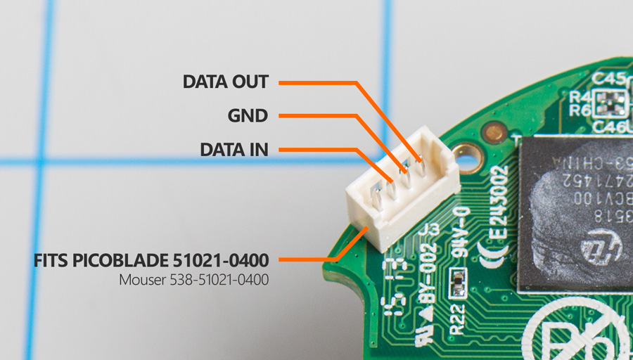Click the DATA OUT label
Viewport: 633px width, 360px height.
pyautogui.click(x=225, y=82)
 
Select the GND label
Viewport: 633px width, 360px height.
pyautogui.click(x=248, y=115)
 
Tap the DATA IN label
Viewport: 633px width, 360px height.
pyautogui.click(x=234, y=149)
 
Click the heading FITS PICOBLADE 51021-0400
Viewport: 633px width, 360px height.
pyautogui.click(x=151, y=260)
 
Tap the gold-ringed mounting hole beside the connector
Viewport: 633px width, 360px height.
pyautogui.click(x=465, y=151)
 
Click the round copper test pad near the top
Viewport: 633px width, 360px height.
pyautogui.click(x=496, y=131)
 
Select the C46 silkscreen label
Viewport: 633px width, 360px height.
pyautogui.click(x=606, y=127)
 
